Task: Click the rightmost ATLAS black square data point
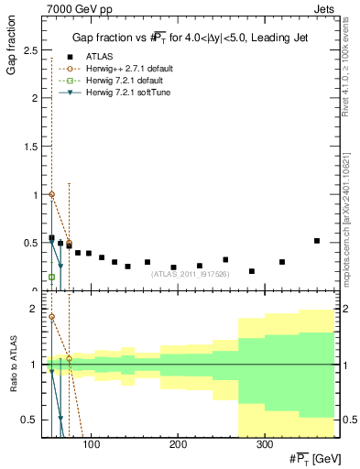(317, 241)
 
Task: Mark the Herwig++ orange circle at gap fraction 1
(51, 194)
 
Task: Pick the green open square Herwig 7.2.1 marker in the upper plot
(51, 277)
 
